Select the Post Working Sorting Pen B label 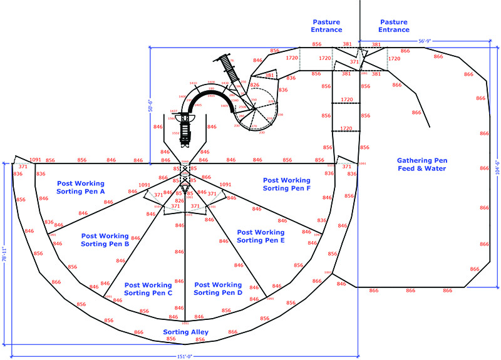pyautogui.click(x=105, y=239)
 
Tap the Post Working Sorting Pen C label pyautogui.click(x=148, y=289)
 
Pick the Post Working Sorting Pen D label pyautogui.click(x=218, y=289)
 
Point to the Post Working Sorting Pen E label pyautogui.click(x=261, y=236)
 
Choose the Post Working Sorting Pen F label pyautogui.click(x=286, y=184)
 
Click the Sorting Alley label pyautogui.click(x=186, y=332)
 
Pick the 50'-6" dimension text pyautogui.click(x=151, y=104)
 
